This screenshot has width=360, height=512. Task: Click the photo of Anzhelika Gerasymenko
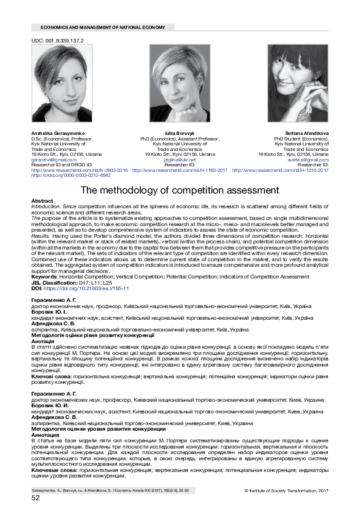tap(59, 84)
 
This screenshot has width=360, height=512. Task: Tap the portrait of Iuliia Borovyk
tap(179, 84)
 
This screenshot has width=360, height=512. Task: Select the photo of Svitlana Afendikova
tap(298, 84)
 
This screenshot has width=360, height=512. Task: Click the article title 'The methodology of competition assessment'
tap(180, 190)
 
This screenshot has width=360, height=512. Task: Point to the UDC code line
tap(57, 39)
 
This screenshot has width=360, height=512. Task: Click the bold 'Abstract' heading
tap(42, 201)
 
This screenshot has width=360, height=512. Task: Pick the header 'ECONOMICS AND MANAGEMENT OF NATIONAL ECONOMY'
tap(102, 28)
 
